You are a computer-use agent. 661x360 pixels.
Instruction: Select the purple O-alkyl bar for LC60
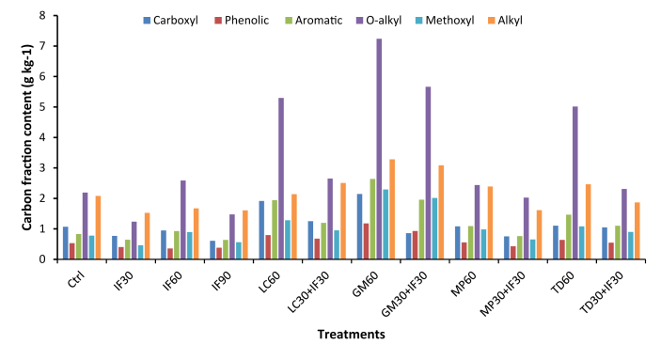[x=281, y=179]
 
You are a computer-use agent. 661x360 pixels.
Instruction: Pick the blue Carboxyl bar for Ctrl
[x=66, y=243]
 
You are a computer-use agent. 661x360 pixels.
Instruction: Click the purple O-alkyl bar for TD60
[x=574, y=182]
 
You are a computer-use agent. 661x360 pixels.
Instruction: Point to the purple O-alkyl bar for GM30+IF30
[x=428, y=173]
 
